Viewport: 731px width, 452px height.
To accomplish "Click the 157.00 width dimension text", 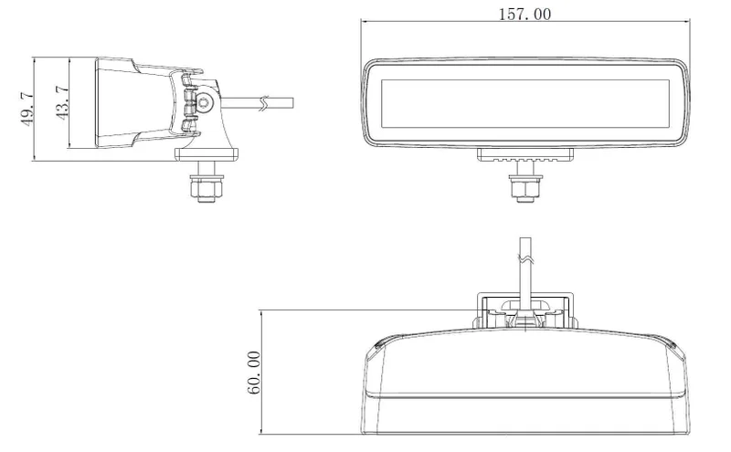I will [524, 14].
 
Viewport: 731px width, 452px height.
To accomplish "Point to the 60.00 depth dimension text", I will [254, 373].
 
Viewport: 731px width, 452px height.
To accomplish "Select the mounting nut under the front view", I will [524, 187].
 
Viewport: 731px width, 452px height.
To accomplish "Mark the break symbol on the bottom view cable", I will [524, 259].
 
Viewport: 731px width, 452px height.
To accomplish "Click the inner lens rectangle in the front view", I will [524, 102].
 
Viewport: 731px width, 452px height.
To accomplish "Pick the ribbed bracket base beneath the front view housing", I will [524, 156].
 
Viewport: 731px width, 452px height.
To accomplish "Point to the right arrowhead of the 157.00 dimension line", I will [684, 21].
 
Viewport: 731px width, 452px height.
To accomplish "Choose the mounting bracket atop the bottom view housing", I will [524, 310].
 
